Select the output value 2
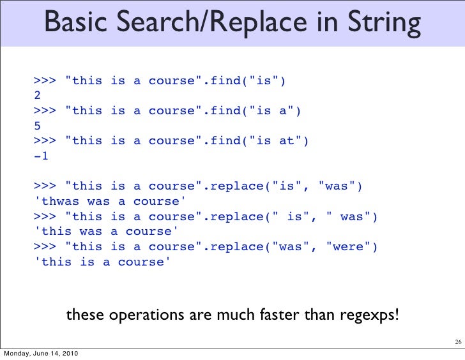38,96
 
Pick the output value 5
38,126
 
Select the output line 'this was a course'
105,232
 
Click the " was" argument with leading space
347,216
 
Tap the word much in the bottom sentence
227,315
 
